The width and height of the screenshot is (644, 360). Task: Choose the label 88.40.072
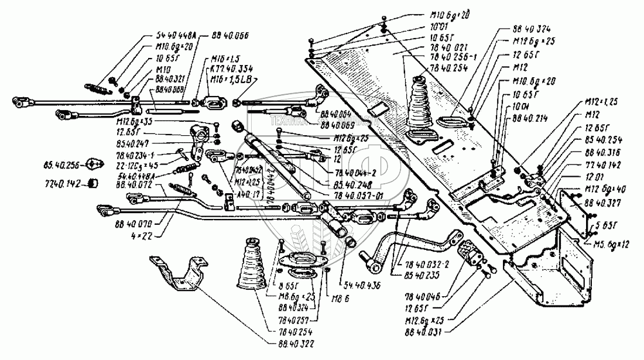(134, 183)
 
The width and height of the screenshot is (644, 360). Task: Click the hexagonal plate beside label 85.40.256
(92, 164)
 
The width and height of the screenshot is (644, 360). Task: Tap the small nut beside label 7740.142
(93, 183)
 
